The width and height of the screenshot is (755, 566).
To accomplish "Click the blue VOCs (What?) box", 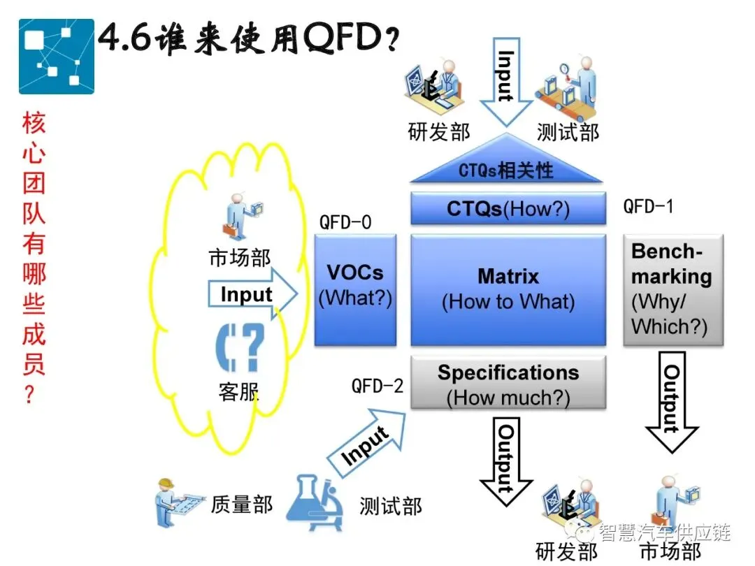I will click(x=355, y=289).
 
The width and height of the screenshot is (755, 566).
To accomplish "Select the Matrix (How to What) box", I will click(x=508, y=289).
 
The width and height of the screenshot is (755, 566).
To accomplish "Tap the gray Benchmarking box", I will click(x=673, y=289).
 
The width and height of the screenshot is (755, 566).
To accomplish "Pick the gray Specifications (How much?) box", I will click(x=508, y=383).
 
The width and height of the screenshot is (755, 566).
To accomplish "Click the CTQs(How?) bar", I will click(x=508, y=208).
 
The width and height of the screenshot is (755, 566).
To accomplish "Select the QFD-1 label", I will click(x=649, y=207).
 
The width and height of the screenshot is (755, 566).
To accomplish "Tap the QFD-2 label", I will click(x=377, y=385).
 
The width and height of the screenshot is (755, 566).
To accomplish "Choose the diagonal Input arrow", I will click(x=367, y=442).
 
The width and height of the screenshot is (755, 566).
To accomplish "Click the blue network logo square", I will click(x=56, y=56).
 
